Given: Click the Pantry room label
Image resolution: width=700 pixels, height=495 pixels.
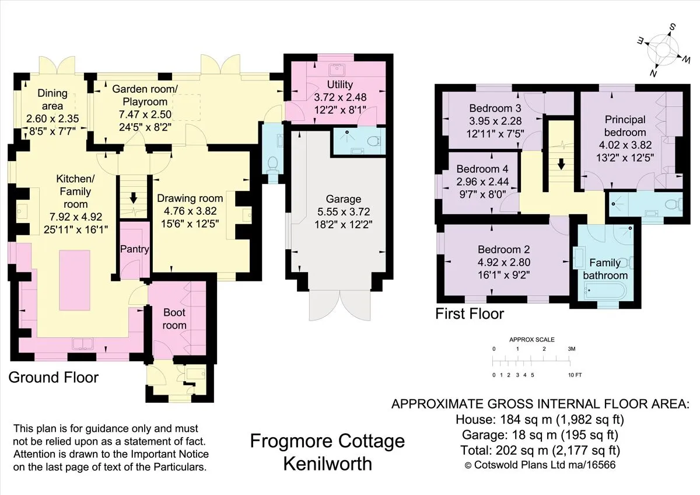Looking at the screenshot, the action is coord(135,249).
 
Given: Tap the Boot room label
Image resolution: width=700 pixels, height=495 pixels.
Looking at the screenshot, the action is coord(174,319).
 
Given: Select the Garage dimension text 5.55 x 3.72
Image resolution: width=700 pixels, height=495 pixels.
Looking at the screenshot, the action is coord(344,212).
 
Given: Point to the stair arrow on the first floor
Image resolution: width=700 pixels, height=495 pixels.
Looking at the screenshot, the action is coord(561,164).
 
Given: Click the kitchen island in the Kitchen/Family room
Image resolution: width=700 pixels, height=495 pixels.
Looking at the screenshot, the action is coord(75,280).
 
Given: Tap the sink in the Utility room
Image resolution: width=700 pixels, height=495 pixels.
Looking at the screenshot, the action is coord(337,69).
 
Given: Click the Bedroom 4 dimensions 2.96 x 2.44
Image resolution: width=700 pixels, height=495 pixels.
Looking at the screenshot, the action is coord(482,182).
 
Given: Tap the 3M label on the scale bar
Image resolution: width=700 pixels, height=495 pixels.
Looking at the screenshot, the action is coord(571,348).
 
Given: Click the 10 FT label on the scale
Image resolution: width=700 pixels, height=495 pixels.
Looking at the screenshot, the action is coord(575,375).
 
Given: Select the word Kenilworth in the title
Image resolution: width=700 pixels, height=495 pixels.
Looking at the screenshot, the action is coord(327,463).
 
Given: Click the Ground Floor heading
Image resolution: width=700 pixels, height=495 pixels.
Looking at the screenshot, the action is coord(54,378).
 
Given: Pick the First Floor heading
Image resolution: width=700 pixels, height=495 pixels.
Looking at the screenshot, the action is coord(470,313).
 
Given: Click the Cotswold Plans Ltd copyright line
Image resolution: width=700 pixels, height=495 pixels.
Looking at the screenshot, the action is coord(540,465).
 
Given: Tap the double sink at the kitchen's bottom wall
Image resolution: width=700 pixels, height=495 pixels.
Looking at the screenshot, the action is coord(83,344).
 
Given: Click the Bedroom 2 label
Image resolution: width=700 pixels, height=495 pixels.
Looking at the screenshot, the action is coord(504,249).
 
